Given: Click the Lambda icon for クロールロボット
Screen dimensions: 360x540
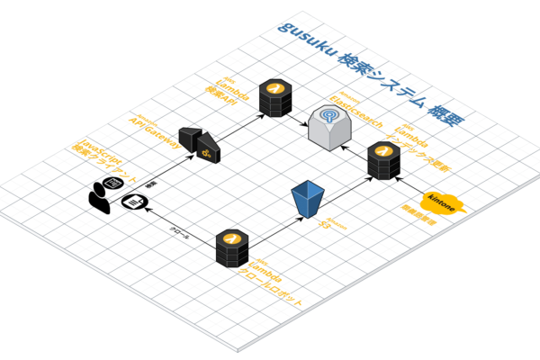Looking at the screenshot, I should click(x=232, y=246).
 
